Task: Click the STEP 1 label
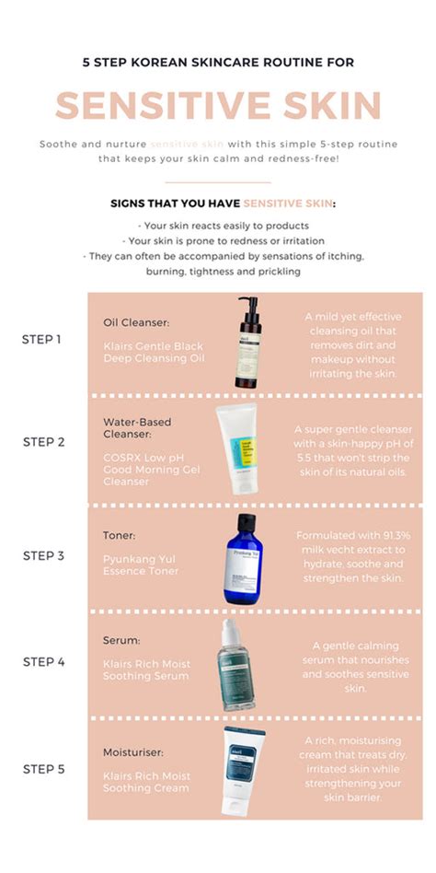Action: point(42,339)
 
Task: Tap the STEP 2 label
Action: point(42,442)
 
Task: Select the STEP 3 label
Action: point(42,555)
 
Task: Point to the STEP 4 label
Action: point(42,661)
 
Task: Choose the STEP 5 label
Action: point(42,769)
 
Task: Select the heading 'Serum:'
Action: point(121,639)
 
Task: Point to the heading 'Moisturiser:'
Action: point(133,752)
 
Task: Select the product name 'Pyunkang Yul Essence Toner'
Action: point(141,565)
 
